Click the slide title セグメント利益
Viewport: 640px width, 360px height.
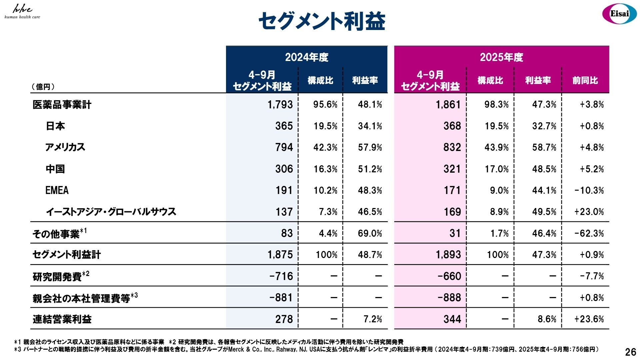[x=322, y=21]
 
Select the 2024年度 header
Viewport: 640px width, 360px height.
[x=306, y=57]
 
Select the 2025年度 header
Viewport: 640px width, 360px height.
[x=501, y=57]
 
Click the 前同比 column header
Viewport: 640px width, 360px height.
[x=585, y=80]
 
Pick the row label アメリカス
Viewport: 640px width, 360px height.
[x=65, y=147]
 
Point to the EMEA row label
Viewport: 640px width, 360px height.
[x=57, y=190]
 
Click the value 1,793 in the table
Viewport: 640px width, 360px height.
[x=280, y=105]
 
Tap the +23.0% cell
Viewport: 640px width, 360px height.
[x=589, y=212]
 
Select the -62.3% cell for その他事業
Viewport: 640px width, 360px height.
[x=589, y=233]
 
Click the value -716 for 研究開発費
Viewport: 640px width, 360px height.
[x=281, y=276]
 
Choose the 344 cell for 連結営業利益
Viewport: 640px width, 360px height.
[x=452, y=319]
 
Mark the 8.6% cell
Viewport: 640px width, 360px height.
[x=547, y=319]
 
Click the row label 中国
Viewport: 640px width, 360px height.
[x=55, y=169]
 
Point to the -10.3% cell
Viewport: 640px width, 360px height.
[x=589, y=190]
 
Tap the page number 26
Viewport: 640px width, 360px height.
[x=630, y=352]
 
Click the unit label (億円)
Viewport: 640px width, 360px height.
[x=43, y=87]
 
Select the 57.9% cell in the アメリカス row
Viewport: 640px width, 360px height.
[x=370, y=147]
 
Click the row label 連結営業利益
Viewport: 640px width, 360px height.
[x=62, y=319]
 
